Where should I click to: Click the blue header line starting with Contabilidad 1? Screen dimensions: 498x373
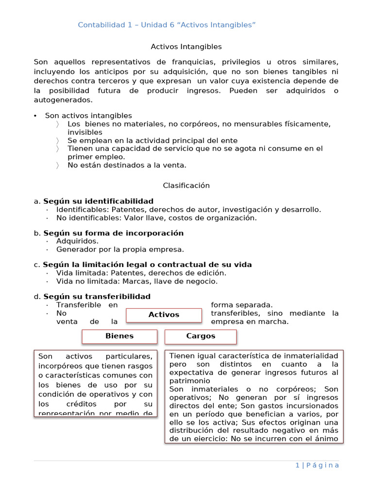[167, 25]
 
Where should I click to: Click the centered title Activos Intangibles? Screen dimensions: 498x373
[186, 47]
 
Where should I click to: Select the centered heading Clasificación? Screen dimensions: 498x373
[186, 185]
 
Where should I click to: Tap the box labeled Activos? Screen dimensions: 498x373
[164, 315]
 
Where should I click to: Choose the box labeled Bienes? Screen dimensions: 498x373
[119, 336]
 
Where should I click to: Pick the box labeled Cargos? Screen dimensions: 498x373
[201, 336]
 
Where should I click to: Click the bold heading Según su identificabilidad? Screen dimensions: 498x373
[98, 201]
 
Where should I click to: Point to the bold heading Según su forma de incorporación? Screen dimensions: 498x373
[113, 233]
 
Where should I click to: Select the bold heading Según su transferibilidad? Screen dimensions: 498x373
[97, 296]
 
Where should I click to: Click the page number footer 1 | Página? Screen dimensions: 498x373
[317, 465]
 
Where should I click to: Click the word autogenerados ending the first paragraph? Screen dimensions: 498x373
[63, 100]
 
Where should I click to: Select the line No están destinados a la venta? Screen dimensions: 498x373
[127, 165]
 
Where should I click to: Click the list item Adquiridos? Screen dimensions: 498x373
[77, 241]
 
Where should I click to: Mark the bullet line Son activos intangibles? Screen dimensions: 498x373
[88, 116]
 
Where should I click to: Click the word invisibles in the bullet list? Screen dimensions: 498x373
[85, 132]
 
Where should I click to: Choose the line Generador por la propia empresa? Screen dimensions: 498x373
[120, 249]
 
